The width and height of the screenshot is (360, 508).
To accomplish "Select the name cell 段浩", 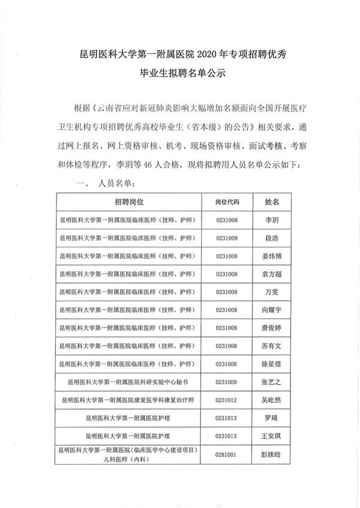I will pos(272,239).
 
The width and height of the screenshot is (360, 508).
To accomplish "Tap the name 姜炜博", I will pos(272,256).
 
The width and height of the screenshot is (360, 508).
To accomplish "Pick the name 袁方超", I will pos(272,274).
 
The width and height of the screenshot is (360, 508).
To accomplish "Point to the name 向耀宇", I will pos(272,309).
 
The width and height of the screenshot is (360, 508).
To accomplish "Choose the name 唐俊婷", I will pos(272,327).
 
